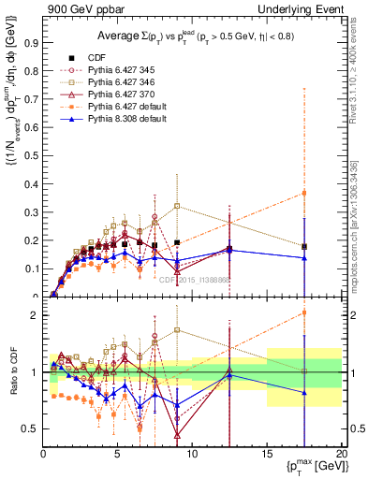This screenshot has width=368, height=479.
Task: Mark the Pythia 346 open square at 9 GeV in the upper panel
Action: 177,206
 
